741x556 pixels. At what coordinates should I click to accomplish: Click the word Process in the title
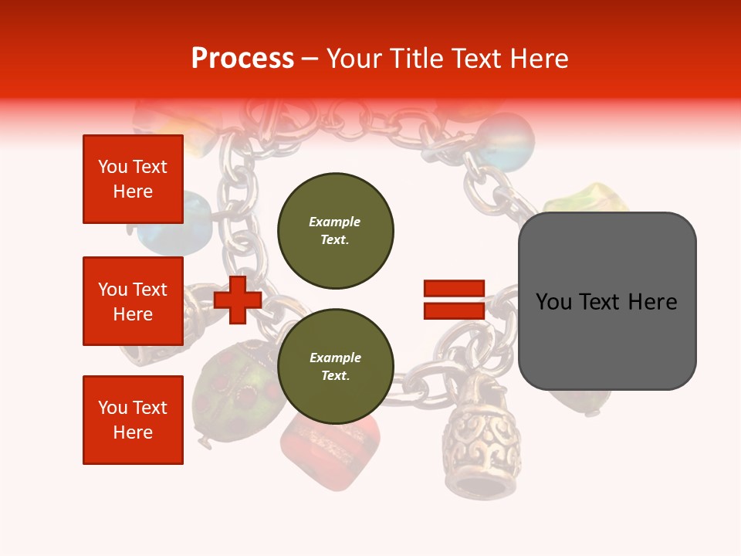(242, 59)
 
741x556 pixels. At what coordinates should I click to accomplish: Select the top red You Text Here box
(133, 179)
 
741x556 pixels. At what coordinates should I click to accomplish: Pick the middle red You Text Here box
(133, 301)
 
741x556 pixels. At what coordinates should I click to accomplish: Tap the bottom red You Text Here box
(133, 420)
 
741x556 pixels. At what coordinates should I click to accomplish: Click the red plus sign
(238, 300)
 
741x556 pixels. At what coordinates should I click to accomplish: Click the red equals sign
(454, 300)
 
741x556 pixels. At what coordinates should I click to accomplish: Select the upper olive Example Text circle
(335, 231)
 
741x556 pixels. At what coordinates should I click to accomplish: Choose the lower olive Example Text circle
(335, 367)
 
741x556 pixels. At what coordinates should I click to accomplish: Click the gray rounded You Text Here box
(607, 301)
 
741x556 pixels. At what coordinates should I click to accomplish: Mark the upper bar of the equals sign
(454, 289)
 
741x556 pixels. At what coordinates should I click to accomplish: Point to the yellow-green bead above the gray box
(587, 198)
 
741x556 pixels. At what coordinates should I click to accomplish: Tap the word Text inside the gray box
(607, 301)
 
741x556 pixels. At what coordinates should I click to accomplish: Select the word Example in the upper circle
(335, 222)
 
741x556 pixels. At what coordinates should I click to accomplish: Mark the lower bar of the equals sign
(454, 310)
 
